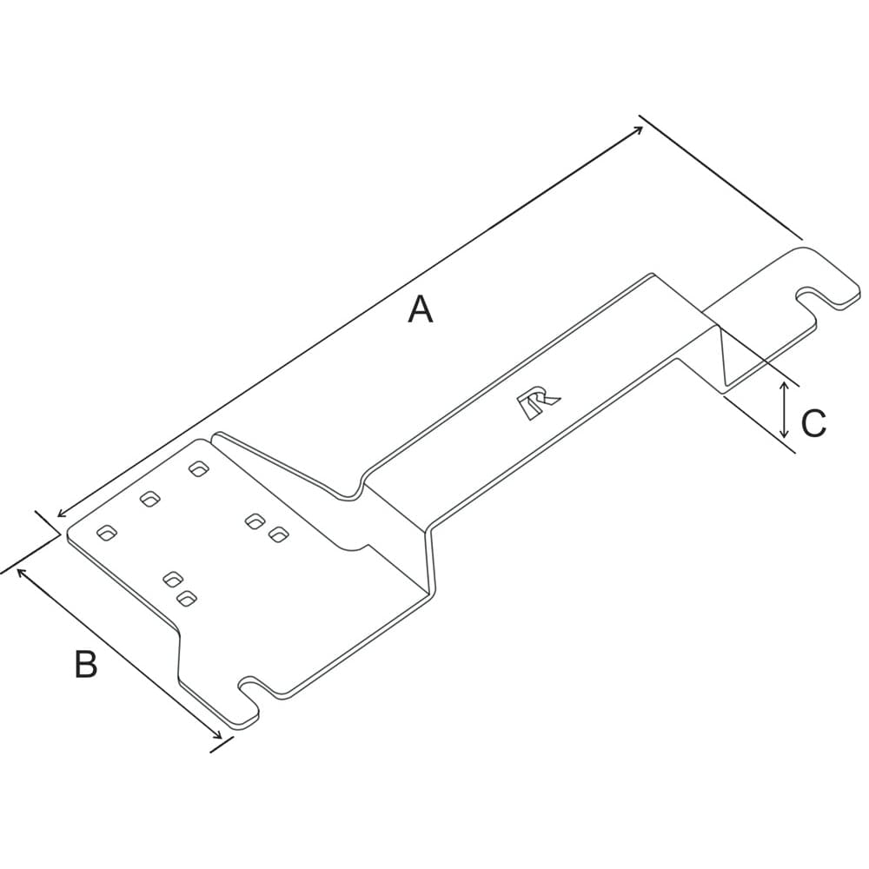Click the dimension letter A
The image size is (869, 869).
point(421,309)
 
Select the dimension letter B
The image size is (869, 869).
point(85,665)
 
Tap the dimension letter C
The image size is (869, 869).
point(813,424)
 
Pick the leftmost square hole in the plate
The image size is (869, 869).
point(108,533)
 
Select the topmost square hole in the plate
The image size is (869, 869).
point(199,469)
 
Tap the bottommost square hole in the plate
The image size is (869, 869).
point(186,597)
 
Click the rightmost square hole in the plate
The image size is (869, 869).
point(278,534)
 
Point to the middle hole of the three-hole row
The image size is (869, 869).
point(151,499)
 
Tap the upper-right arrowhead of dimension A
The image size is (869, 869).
point(640,129)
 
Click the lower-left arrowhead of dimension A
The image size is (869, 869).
point(60,514)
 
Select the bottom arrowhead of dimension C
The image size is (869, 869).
point(785,434)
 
